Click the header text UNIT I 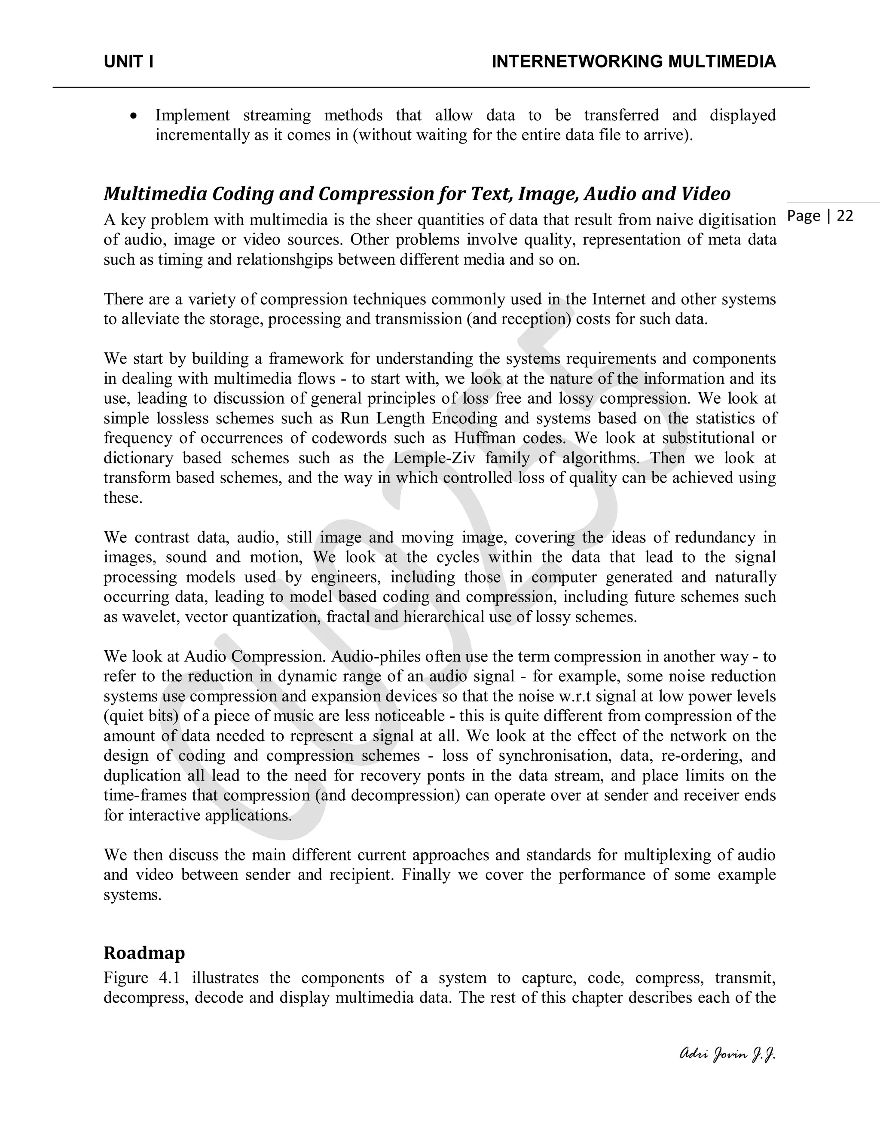128,62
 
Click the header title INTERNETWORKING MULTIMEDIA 633,62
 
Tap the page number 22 844,216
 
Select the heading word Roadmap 144,952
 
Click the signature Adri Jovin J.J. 728,1054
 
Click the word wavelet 152,616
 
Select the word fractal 345,616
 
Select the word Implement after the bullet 192,115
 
